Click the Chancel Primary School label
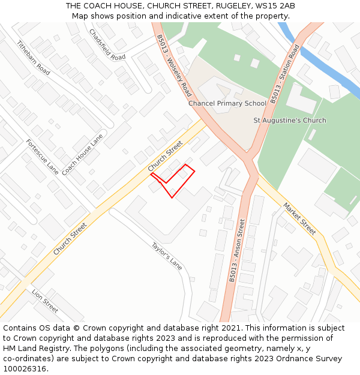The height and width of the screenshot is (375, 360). pos(227,103)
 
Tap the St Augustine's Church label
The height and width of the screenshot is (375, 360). pos(290,120)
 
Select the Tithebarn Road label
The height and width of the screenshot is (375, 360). pos(33,57)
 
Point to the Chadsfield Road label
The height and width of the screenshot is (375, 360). pos(107,44)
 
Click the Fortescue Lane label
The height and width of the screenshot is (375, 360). pos(42,157)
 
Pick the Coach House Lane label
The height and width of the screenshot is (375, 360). pos(82,154)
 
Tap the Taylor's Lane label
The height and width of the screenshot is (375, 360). pos(166,255)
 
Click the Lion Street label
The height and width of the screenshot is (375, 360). pos(46,301)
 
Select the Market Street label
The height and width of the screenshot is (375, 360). pos(299,218)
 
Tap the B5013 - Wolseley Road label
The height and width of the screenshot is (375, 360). pos(174,65)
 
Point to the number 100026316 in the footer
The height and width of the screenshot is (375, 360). pos(25,368)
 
